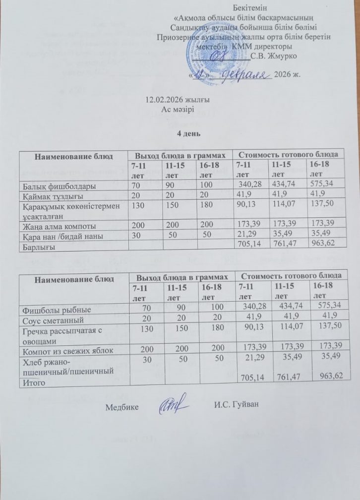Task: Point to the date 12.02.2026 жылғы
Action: [170, 100]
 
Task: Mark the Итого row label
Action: [32, 382]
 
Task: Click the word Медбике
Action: [122, 408]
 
